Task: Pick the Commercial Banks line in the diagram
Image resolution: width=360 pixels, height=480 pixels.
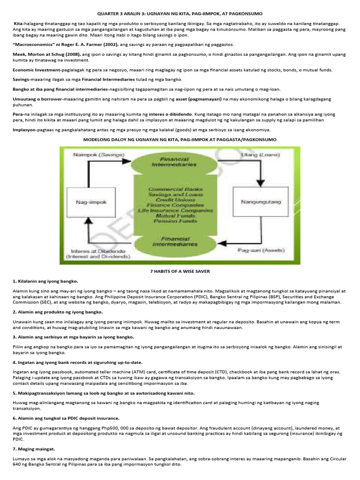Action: [x=176, y=189]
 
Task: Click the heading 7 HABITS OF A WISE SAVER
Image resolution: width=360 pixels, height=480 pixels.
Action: [x=180, y=271]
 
